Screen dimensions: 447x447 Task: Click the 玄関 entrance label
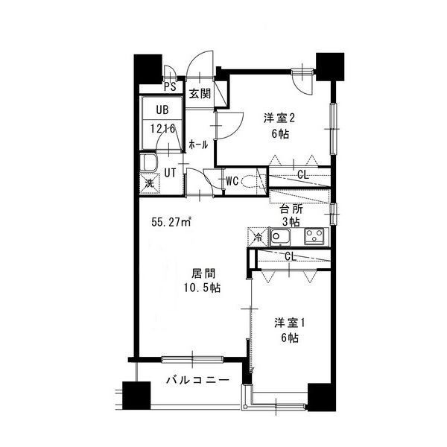click(200, 94)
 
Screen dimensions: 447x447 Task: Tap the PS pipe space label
click(170, 86)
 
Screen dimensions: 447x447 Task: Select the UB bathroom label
click(162, 110)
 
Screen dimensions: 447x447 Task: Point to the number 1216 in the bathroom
click(162, 129)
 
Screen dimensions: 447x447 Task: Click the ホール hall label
click(198, 145)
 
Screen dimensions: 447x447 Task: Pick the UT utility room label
click(170, 173)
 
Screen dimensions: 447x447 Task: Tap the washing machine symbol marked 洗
click(149, 183)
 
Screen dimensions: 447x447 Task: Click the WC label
click(232, 181)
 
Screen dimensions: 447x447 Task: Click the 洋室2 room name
click(279, 118)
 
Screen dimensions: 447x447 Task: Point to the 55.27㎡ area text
click(171, 222)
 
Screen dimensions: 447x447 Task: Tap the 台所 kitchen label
click(291, 209)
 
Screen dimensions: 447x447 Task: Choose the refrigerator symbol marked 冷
click(259, 237)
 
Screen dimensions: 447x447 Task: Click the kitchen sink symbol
click(280, 237)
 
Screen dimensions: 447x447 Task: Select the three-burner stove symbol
click(314, 236)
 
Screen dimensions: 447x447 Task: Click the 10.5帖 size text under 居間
click(202, 288)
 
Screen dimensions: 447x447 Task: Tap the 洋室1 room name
click(290, 323)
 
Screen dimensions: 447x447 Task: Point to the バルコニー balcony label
click(197, 380)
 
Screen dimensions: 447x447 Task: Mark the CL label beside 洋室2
click(303, 174)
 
